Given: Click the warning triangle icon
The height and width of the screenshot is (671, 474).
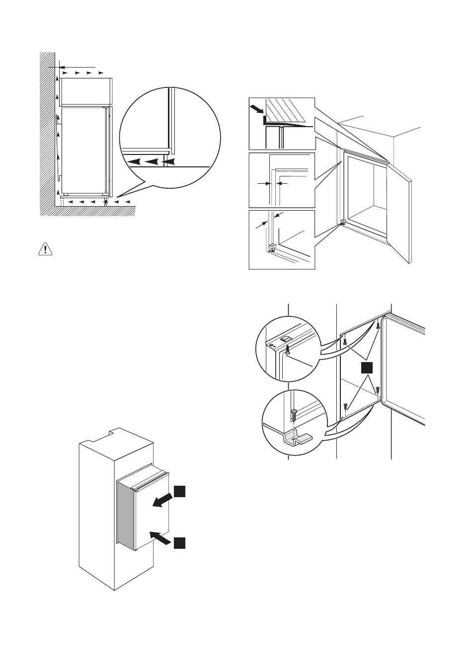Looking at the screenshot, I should tap(45, 249).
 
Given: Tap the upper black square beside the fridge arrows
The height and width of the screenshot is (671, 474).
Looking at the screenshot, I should tap(179, 491).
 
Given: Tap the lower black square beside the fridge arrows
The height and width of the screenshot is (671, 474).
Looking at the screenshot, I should tap(179, 543).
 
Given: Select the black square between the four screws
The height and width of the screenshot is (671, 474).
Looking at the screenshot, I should tap(367, 368).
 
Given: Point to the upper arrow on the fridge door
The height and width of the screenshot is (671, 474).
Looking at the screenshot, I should tap(162, 502).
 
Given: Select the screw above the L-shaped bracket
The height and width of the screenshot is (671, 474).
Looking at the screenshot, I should tap(294, 413).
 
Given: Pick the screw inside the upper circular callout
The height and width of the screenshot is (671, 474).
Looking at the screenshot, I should tap(287, 351).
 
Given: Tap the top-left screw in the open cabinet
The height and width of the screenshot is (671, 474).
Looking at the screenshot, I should tap(344, 340).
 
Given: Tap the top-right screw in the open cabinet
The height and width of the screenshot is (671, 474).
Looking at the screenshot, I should tap(378, 326).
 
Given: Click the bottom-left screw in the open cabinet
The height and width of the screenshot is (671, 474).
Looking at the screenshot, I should tap(345, 406).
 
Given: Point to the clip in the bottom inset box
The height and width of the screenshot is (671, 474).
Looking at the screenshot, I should tap(272, 247).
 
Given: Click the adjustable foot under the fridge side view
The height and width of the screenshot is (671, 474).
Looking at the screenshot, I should tap(106, 201).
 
